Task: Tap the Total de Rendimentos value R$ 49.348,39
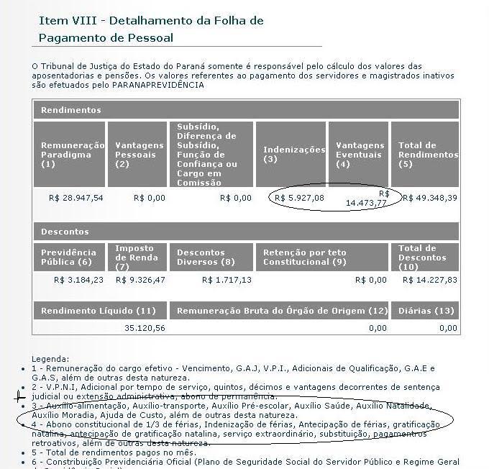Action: [429, 198]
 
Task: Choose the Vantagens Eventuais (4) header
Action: [357, 155]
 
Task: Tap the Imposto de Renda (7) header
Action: [139, 258]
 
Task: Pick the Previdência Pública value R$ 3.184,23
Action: [78, 280]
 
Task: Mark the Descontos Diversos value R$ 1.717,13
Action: [227, 280]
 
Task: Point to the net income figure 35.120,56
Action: [145, 328]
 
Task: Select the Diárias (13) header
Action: [424, 311]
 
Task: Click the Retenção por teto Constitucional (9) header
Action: [304, 258]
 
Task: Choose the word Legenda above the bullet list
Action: [50, 358]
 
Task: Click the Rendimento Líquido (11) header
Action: [99, 311]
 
